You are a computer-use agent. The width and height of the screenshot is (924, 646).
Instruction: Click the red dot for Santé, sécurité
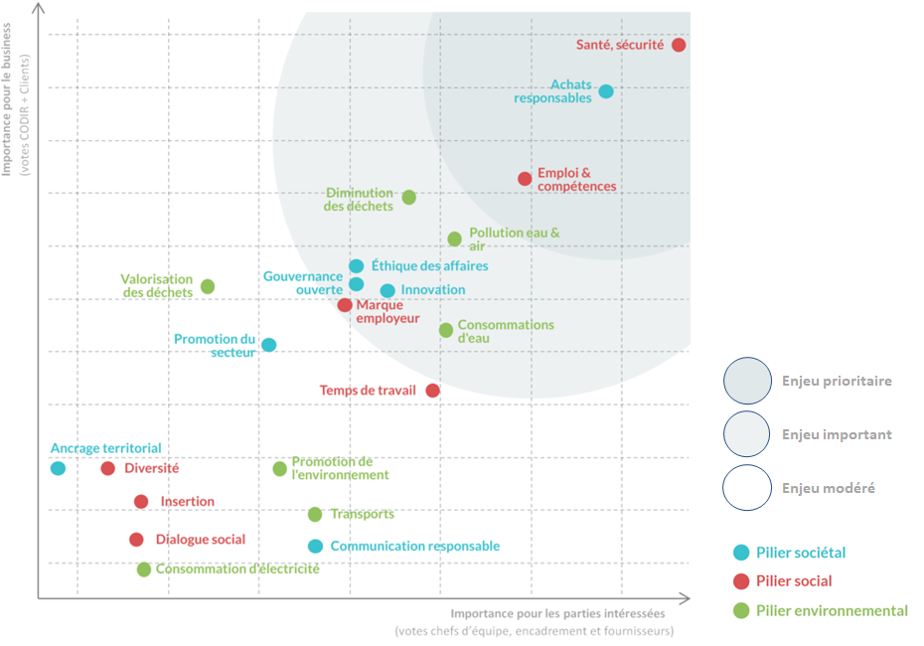click(x=679, y=45)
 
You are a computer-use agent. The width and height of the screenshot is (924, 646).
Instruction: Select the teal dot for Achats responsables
click(x=606, y=91)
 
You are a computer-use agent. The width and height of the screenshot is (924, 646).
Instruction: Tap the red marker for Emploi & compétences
click(x=525, y=179)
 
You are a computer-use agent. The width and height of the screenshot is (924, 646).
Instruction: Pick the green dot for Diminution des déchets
click(x=408, y=198)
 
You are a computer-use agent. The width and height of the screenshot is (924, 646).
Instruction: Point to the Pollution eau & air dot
click(x=454, y=240)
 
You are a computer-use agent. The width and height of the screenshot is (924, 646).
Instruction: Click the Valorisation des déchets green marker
click(x=208, y=286)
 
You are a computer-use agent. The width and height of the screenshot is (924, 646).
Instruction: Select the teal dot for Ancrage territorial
click(x=58, y=468)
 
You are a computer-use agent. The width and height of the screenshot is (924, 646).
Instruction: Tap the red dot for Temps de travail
click(x=432, y=391)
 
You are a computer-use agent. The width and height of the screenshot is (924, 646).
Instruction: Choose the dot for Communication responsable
click(x=315, y=546)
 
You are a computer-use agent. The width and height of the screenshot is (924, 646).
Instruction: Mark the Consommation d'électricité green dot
click(x=144, y=569)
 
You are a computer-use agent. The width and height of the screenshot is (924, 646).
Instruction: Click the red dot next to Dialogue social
click(x=136, y=540)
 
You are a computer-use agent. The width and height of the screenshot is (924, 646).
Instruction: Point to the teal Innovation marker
click(x=387, y=291)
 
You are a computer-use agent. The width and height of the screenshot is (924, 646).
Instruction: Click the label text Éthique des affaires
click(x=429, y=266)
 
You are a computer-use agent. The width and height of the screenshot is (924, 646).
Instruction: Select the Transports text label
click(x=362, y=514)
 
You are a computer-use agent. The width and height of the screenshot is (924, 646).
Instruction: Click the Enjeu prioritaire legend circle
click(x=747, y=382)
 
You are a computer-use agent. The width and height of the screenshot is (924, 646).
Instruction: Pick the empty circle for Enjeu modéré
click(x=747, y=488)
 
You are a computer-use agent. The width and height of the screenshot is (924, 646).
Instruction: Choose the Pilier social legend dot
click(x=740, y=581)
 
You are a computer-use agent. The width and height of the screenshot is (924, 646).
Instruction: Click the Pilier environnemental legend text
click(x=832, y=610)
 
